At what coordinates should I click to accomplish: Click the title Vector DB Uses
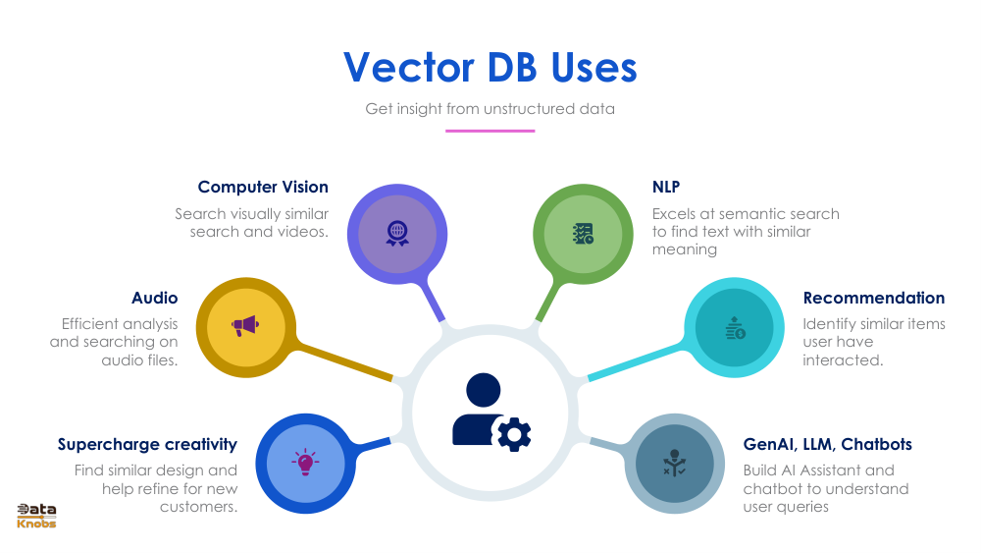point(490,67)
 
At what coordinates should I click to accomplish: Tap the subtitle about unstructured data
point(490,108)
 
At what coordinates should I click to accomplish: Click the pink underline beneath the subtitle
point(490,131)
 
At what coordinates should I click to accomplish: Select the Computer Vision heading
point(263,187)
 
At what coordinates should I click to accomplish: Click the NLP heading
point(666,187)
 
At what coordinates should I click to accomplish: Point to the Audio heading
point(155,298)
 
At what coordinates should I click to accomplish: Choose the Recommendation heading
point(874,298)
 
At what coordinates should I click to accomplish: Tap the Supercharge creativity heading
point(147,444)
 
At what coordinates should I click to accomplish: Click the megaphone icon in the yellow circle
point(242,325)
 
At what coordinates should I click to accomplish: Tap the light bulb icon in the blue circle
point(305,463)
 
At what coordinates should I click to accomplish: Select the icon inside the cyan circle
point(735,328)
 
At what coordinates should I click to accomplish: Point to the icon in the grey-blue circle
point(674,463)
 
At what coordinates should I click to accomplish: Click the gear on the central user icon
point(513,433)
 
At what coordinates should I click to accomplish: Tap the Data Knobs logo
point(36,516)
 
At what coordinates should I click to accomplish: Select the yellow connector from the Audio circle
point(343,360)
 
